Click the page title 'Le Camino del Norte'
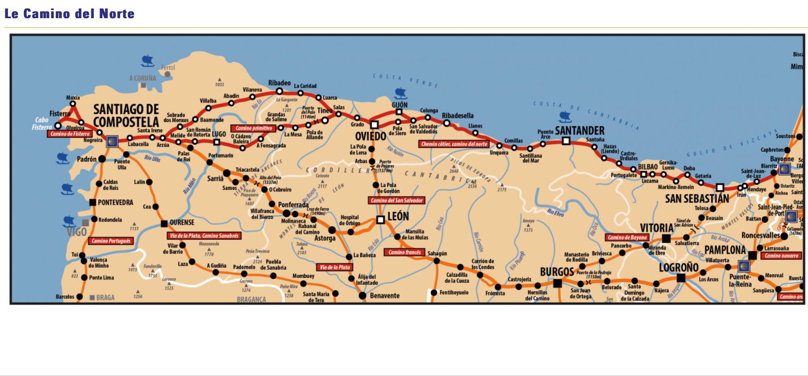click(69, 14)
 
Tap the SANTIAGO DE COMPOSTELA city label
click(126, 116)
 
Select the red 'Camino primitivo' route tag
click(254, 128)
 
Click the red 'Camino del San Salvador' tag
click(397, 200)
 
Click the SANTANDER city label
click(580, 130)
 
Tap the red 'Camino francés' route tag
click(404, 252)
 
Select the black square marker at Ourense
click(164, 224)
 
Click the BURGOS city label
click(557, 272)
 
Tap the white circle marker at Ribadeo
click(279, 91)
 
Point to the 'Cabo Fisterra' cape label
click(42, 124)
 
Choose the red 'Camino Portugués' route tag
click(111, 241)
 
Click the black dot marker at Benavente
click(362, 296)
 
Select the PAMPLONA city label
click(725, 250)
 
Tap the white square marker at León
click(380, 220)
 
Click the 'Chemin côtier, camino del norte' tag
click(454, 144)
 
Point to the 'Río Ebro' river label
click(555, 212)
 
